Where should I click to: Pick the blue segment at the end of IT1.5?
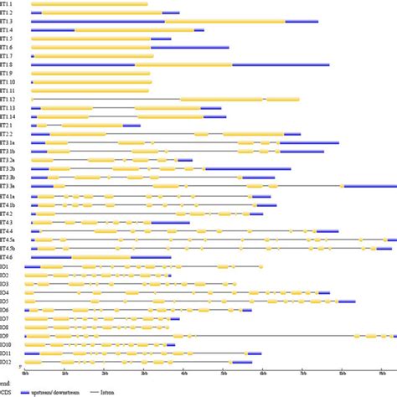tap(161, 39)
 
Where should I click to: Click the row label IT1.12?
tap(8, 100)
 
